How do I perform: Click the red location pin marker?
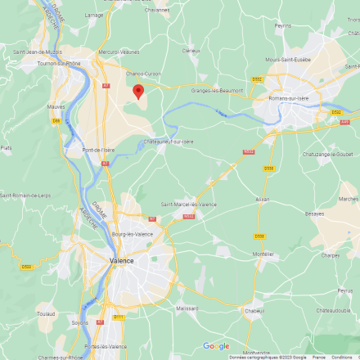138,92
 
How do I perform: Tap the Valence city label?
121,260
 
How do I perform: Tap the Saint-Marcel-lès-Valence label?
189,204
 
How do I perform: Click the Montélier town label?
263,254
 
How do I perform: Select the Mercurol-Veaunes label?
119,52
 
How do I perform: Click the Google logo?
216,346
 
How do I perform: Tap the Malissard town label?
187,308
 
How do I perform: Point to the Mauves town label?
56,106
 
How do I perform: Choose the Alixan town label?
262,199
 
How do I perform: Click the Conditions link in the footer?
342,357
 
